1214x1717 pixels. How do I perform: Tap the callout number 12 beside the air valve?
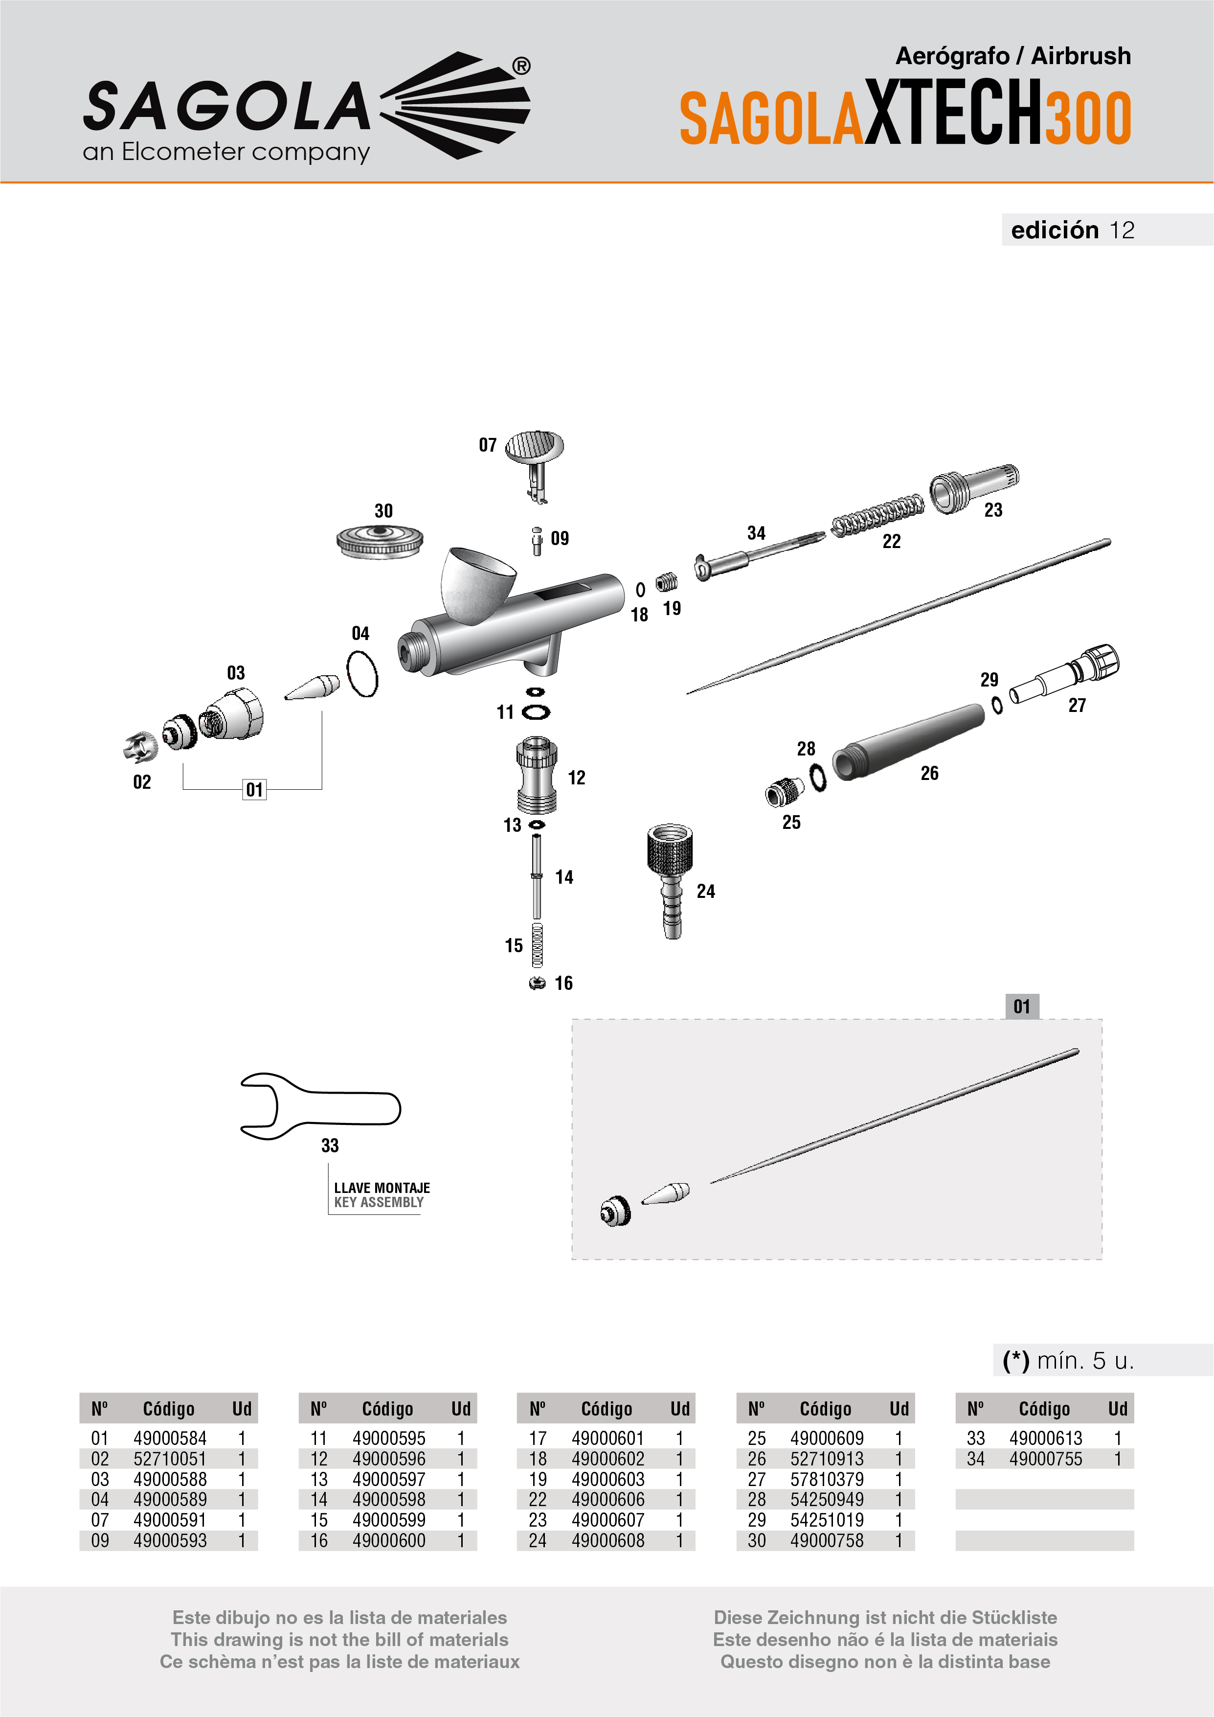576,778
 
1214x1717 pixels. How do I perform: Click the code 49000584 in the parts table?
170,1438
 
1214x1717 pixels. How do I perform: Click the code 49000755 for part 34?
1045,1459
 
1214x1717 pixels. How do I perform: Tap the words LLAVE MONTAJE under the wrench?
382,1188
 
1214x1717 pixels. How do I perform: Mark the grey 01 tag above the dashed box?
1022,1007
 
